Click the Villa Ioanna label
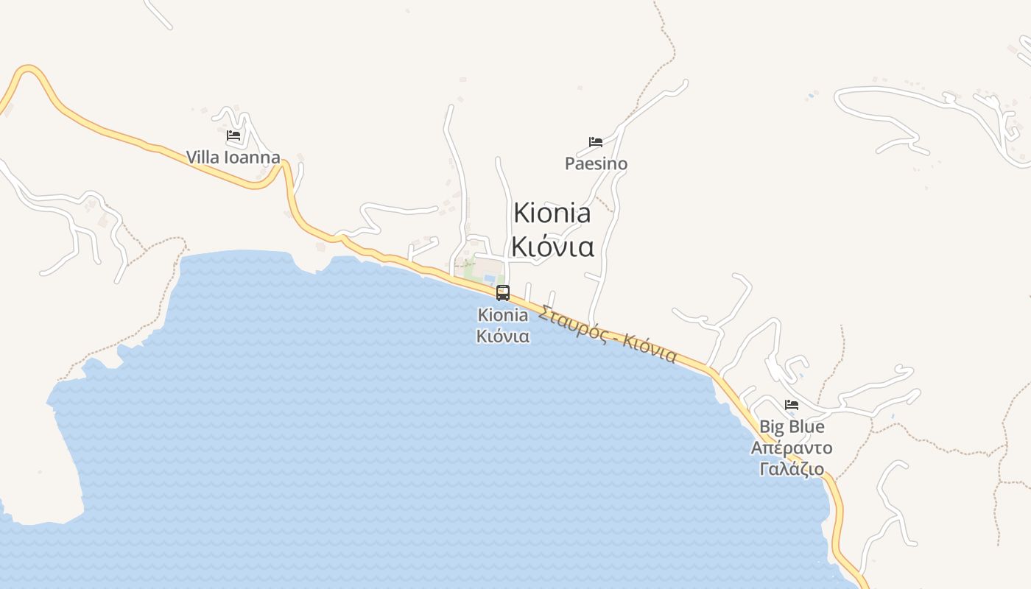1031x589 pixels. point(233,158)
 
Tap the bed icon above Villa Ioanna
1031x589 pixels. point(233,135)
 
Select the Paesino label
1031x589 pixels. point(596,163)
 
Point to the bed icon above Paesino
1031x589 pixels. point(596,141)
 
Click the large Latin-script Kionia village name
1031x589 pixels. point(552,213)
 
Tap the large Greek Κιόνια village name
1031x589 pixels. point(552,247)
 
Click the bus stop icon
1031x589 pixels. point(503,293)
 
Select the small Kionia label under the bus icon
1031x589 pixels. point(503,315)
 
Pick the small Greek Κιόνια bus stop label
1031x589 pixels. point(503,336)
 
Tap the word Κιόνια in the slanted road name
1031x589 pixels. point(650,349)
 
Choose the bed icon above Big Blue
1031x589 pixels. point(792,405)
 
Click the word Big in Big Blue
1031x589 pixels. point(771,426)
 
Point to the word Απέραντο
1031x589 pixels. point(792,448)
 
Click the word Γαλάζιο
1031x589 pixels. point(792,469)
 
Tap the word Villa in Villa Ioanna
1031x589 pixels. point(203,158)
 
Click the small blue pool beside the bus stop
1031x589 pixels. point(490,278)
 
